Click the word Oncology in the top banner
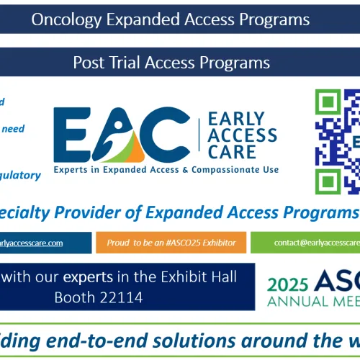(66, 20)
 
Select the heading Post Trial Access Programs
(171, 63)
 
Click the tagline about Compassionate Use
(166, 170)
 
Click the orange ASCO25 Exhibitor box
(171, 243)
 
